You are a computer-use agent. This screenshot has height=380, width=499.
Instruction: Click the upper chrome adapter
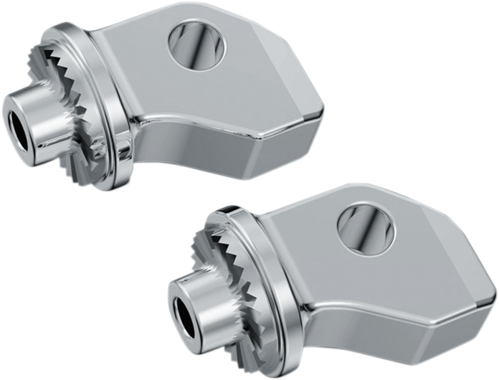coord(179,93)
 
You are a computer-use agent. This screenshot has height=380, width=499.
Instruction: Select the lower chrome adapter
coord(344,280)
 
